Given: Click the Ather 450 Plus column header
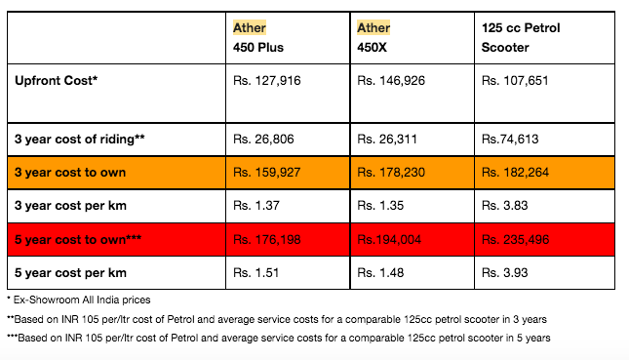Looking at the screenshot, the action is [258, 37].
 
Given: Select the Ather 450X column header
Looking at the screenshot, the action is [373, 37].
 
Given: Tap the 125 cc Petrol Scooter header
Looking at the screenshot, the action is [521, 37].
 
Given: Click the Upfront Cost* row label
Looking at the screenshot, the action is [57, 80].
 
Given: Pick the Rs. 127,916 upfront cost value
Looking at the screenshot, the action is [267, 81].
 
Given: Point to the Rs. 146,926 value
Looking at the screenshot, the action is [391, 81].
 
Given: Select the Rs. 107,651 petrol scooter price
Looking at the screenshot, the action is [515, 81].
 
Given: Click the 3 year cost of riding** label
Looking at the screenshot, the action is [79, 140].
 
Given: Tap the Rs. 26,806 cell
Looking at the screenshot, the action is [263, 140].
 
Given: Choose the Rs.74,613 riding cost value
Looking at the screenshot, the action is [510, 140].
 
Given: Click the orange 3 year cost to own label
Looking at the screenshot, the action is [70, 173].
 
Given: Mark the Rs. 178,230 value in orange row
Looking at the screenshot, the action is [391, 173].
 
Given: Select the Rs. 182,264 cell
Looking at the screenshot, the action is [515, 173].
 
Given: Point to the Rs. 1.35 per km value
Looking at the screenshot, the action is [380, 206].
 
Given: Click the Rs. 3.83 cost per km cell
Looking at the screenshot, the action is [504, 206].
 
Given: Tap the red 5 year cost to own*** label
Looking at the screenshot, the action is [78, 240].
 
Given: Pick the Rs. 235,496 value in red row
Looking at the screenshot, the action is [515, 240].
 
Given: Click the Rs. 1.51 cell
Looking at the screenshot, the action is [256, 273].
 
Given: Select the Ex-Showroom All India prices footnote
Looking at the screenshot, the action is [79, 300].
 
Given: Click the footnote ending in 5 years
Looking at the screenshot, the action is [278, 338].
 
